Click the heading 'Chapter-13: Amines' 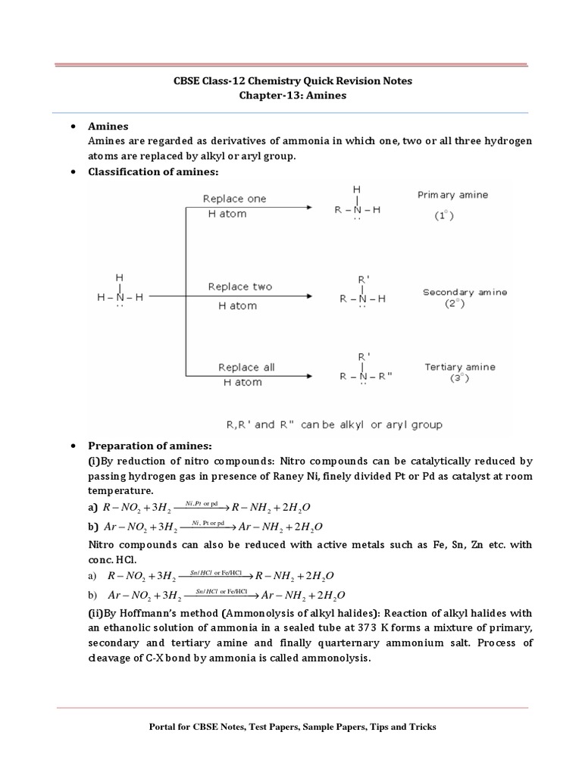point(291,96)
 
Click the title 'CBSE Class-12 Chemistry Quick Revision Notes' point(291,81)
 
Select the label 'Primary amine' point(452,195)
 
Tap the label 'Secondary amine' point(465,292)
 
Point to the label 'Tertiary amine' point(459,367)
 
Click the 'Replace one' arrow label point(234,199)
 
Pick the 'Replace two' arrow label point(239,286)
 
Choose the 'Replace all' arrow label point(246,368)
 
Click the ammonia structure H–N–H point(119,298)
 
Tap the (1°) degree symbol point(444,215)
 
